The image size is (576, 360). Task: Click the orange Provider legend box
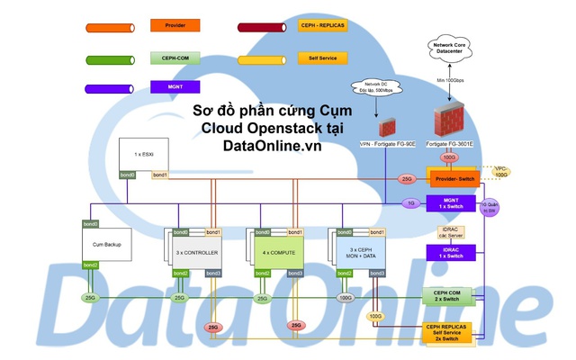(175, 26)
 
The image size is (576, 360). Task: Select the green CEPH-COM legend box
(175, 57)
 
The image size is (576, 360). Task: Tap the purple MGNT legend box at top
(175, 87)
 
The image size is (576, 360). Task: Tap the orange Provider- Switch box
(454, 178)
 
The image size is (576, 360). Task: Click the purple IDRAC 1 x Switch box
(454, 252)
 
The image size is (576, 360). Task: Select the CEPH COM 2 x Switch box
(454, 296)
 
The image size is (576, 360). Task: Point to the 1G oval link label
(410, 203)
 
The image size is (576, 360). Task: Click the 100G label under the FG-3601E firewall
(449, 157)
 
